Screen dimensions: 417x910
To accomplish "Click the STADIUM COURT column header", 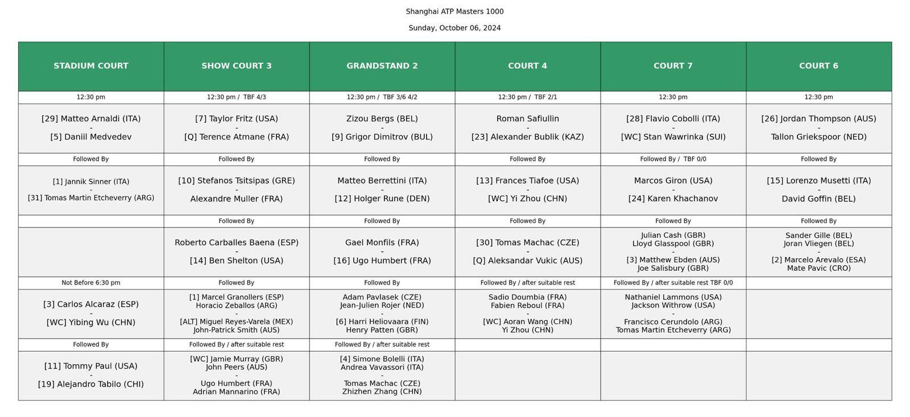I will click(91, 66).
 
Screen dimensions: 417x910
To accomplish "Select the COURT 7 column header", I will click(673, 66).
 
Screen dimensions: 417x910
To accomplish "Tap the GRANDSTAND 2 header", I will click(382, 66).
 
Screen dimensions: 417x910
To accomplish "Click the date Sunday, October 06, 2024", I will click(454, 28).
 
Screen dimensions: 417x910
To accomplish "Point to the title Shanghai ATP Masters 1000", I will click(454, 11).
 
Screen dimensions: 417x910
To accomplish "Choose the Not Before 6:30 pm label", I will click(91, 283).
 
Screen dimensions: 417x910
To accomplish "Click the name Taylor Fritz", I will click(237, 119).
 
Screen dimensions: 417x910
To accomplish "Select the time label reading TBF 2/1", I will click(544, 97).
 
